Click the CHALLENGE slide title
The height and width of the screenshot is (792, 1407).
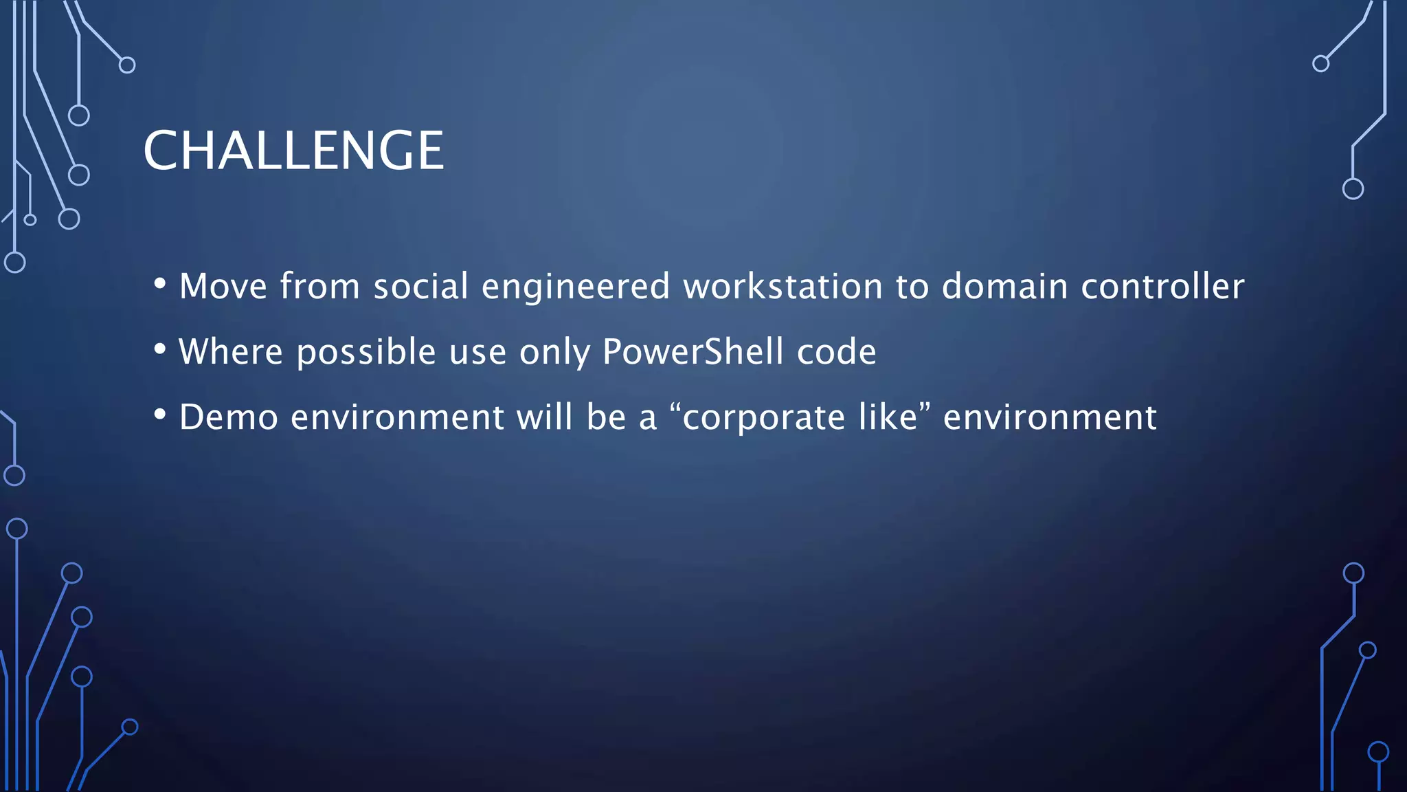pyautogui.click(x=293, y=151)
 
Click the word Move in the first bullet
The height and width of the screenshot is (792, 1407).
pyautogui.click(x=223, y=286)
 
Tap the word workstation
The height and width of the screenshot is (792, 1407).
pyautogui.click(x=783, y=286)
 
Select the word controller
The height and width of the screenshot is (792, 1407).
pyautogui.click(x=1162, y=286)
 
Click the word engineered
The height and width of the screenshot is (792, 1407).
pyautogui.click(x=575, y=287)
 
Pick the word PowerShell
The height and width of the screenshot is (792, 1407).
pyautogui.click(x=693, y=352)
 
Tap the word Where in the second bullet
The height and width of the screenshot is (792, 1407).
pyautogui.click(x=231, y=352)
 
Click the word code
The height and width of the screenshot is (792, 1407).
pyautogui.click(x=836, y=352)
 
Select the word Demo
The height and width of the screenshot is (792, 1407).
pyautogui.click(x=228, y=417)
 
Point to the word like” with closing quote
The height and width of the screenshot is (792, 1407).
pyautogui.click(x=894, y=417)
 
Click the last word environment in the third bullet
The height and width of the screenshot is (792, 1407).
pyautogui.click(x=1050, y=417)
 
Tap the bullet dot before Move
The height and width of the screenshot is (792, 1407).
pyautogui.click(x=160, y=284)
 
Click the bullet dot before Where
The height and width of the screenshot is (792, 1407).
pyautogui.click(x=160, y=349)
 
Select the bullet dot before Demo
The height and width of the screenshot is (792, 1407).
pyautogui.click(x=160, y=415)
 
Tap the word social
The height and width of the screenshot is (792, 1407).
pyautogui.click(x=420, y=286)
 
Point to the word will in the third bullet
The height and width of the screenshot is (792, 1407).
pyautogui.click(x=544, y=417)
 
